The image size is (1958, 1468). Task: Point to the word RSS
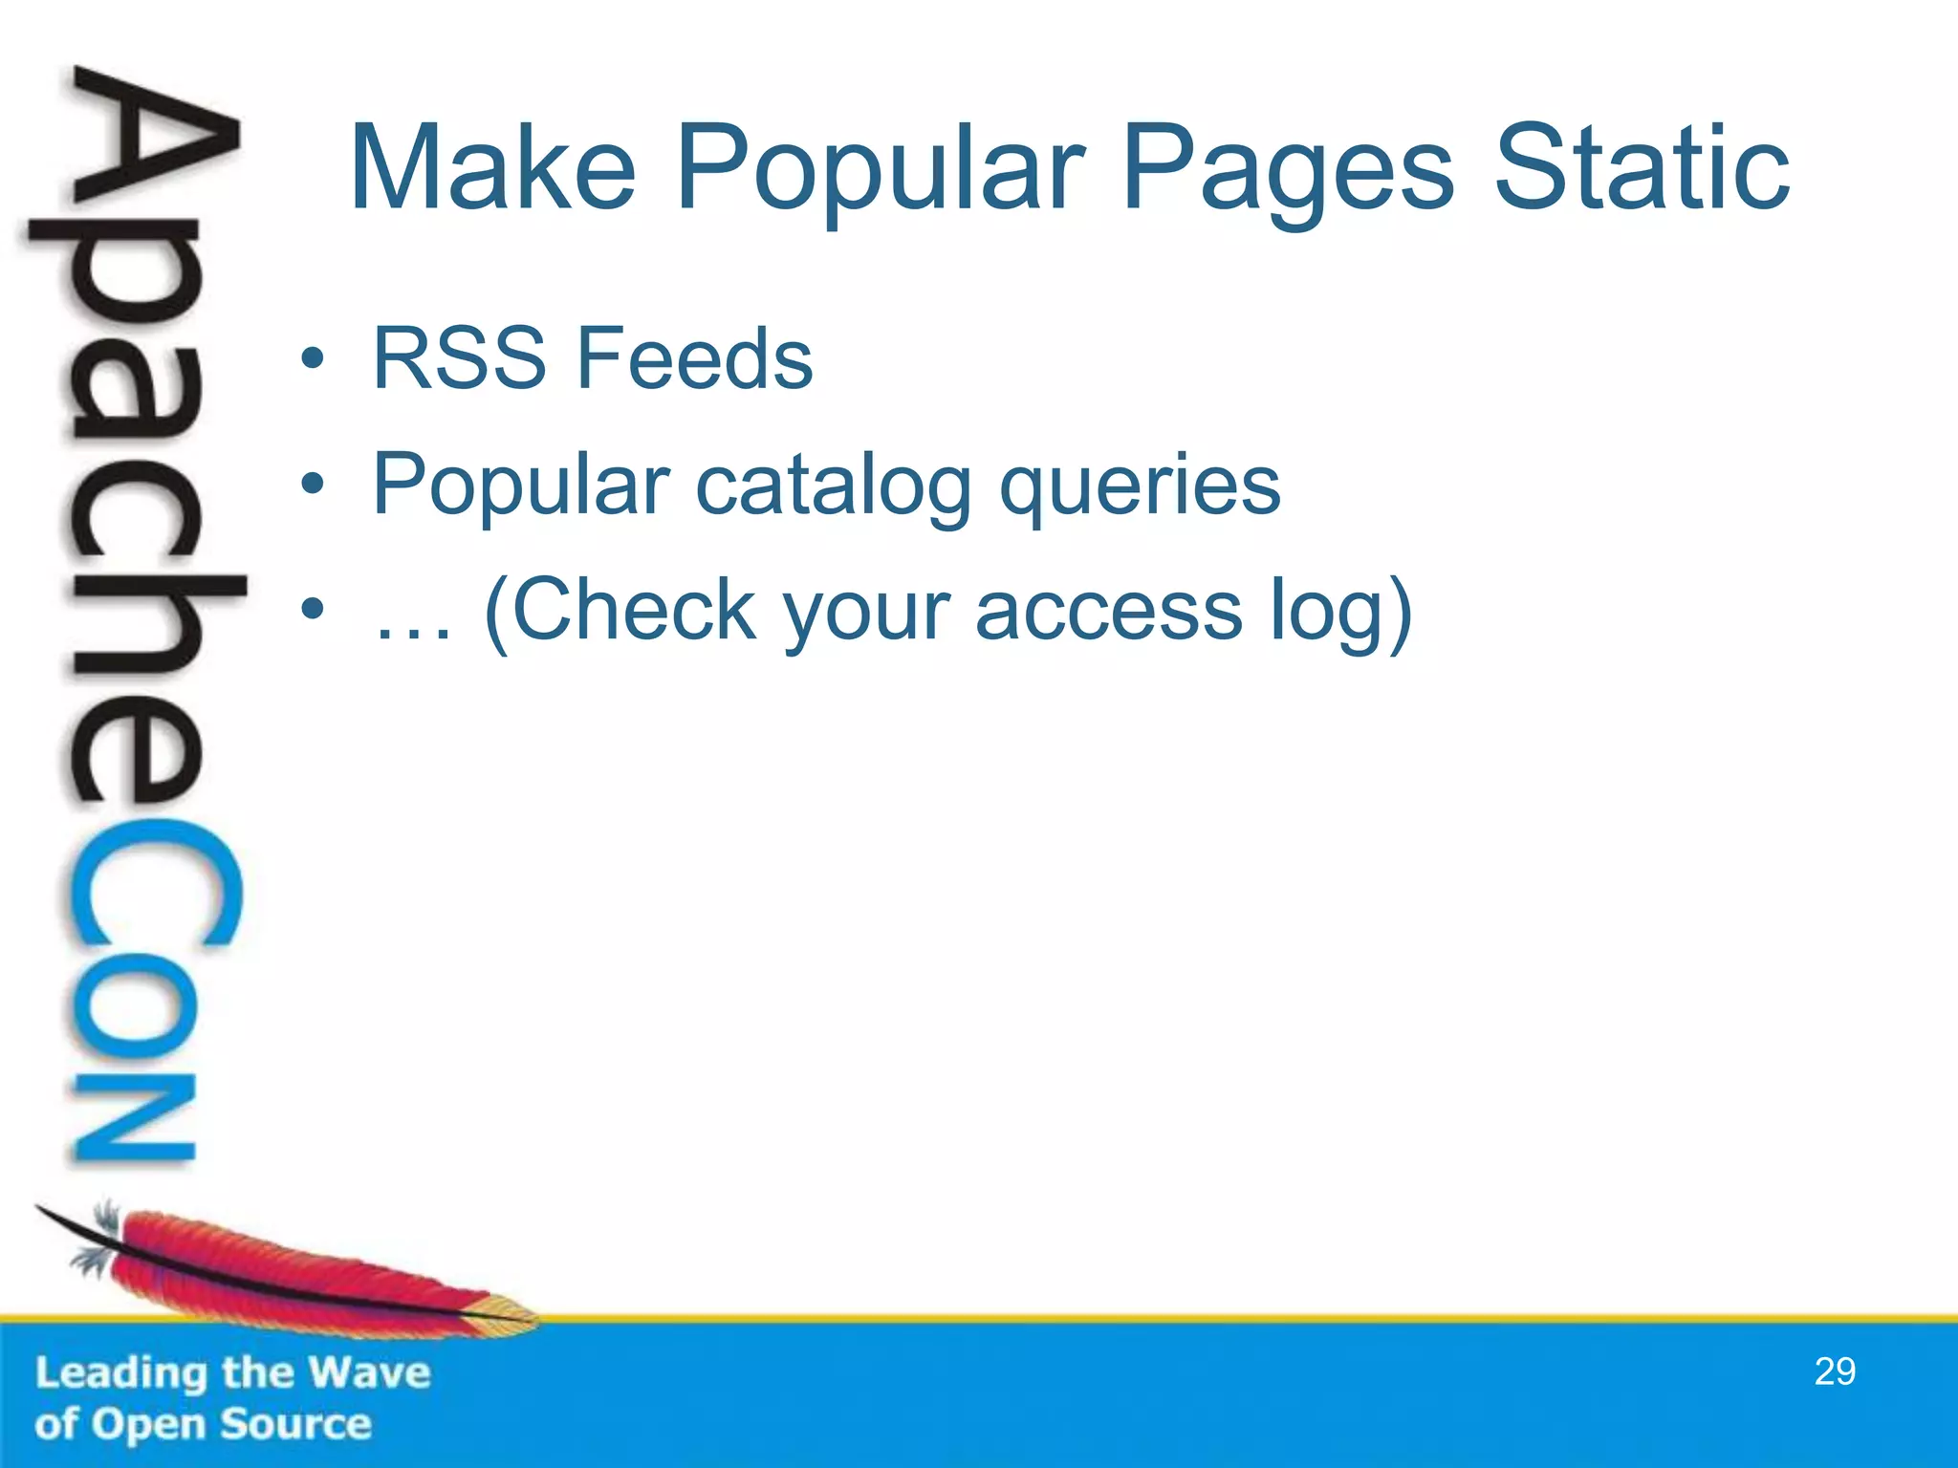pos(459,358)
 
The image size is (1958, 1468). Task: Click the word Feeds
pos(695,358)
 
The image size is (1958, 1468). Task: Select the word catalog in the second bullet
pos(833,486)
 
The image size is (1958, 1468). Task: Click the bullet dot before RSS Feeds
pos(312,359)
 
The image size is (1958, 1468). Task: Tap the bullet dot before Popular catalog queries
pos(312,486)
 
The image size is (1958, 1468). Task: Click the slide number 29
pos(1835,1371)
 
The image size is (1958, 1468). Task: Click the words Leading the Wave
pos(233,1373)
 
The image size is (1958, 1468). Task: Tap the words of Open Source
pos(203,1425)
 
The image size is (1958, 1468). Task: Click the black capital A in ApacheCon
pos(153,143)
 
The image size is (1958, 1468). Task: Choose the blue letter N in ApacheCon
pos(134,1118)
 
